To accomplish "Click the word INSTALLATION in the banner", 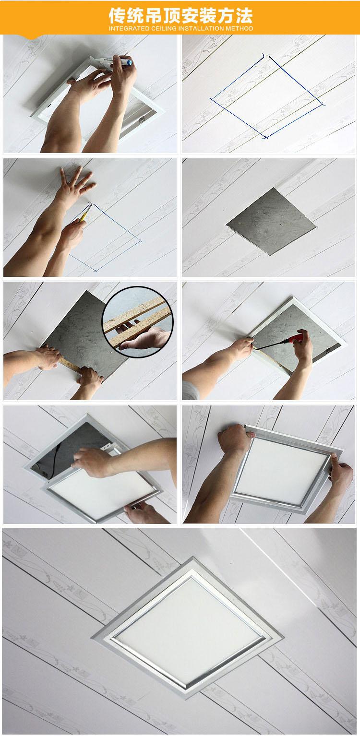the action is click(201, 29).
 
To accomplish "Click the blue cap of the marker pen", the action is click(130, 62).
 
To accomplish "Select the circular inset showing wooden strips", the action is click(138, 322).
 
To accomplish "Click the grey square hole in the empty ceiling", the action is click(271, 222).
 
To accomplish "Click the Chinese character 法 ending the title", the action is click(244, 15).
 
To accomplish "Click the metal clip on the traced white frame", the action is click(142, 119).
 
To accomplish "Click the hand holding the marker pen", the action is click(121, 74).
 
